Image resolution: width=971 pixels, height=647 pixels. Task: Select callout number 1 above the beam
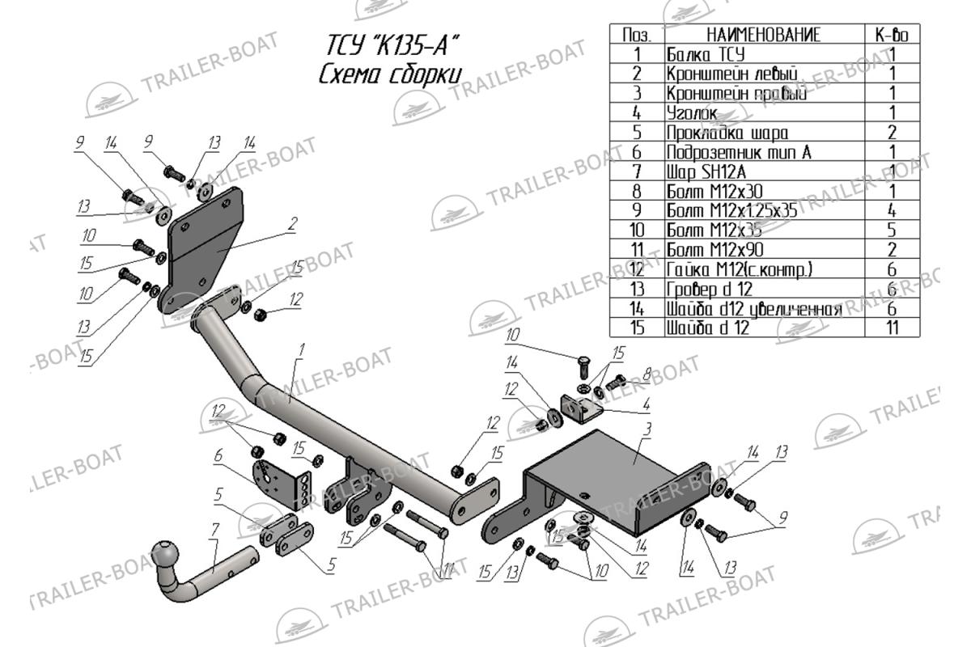click(300, 350)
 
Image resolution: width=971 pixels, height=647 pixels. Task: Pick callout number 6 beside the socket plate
click(218, 457)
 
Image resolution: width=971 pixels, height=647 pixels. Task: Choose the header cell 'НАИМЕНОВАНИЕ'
click(763, 35)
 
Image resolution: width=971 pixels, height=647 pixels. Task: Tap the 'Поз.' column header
click(637, 35)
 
